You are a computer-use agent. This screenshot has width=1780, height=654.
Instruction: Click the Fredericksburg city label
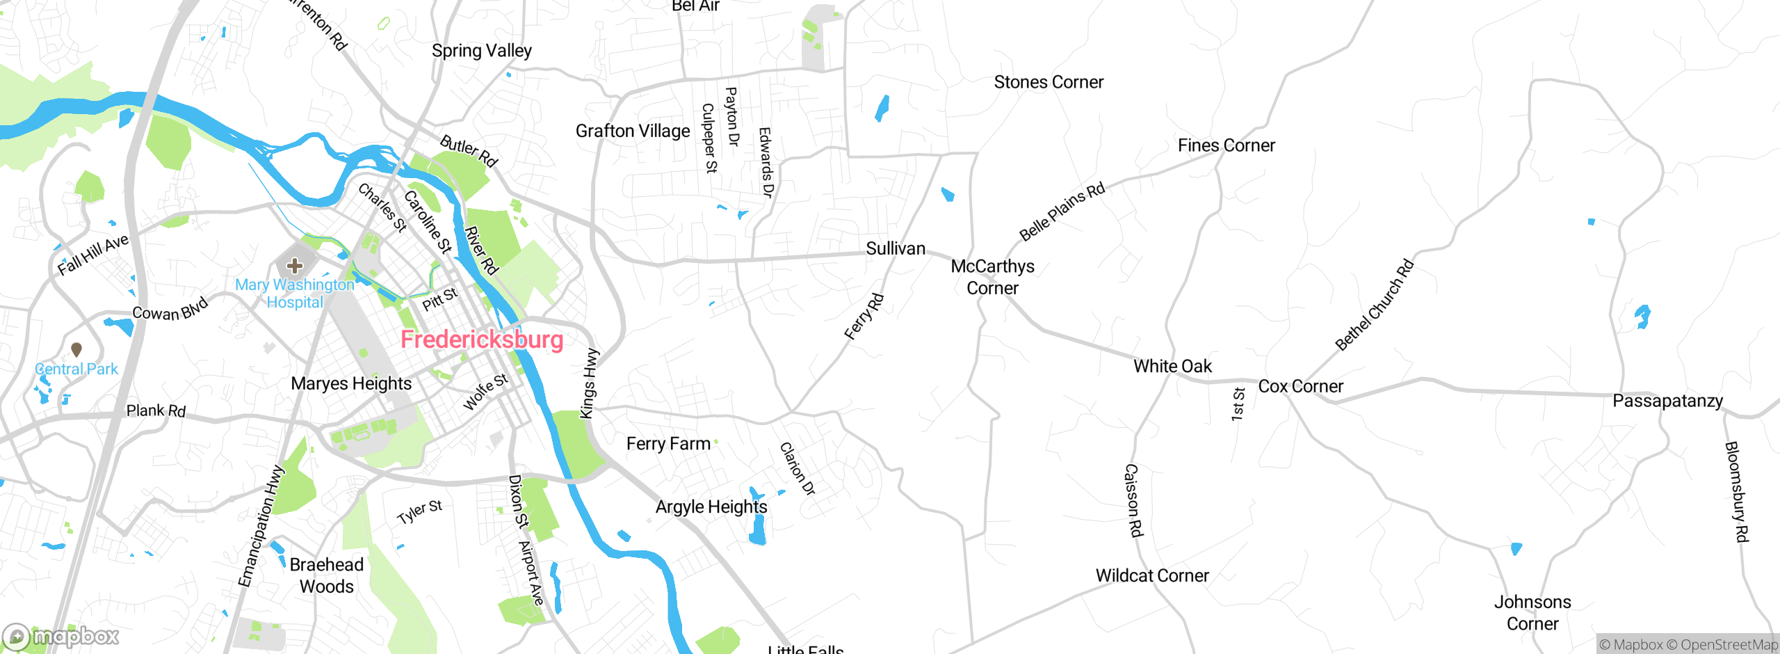click(482, 340)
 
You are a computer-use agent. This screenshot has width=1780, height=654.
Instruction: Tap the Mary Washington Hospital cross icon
click(295, 265)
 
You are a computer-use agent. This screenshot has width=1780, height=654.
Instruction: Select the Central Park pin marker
click(76, 349)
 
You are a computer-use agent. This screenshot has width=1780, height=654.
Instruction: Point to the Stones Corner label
click(1049, 82)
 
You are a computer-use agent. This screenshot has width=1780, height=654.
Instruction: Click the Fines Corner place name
click(1226, 145)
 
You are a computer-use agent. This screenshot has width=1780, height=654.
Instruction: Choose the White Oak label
click(1172, 366)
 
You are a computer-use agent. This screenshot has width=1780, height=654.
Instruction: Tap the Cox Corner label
click(1300, 386)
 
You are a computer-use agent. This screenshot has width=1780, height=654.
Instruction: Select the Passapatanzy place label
click(1667, 401)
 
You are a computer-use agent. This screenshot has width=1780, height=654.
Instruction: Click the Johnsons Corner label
click(1532, 612)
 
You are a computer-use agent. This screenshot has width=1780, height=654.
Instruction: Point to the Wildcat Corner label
click(1152, 575)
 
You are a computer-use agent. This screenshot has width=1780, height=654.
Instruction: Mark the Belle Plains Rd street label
click(1062, 212)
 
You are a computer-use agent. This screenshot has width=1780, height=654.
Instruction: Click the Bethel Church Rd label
click(1375, 304)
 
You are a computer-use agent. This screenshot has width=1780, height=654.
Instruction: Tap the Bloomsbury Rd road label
click(1736, 491)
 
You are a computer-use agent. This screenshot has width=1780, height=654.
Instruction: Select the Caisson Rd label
click(1133, 500)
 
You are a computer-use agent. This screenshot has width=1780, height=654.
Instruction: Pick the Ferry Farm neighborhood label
click(668, 443)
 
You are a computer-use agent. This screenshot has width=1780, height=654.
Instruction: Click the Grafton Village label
click(633, 131)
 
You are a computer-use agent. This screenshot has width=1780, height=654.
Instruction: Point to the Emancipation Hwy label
click(261, 526)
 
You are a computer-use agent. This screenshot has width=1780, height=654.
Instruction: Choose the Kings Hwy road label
click(589, 383)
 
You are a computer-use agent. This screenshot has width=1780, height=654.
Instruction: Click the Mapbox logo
click(61, 636)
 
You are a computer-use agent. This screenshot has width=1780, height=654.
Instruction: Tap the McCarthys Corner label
click(992, 277)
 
